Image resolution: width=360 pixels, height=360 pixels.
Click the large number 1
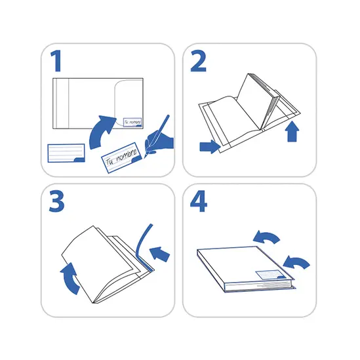click(x=56, y=61)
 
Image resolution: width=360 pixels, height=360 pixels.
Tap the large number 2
click(x=199, y=61)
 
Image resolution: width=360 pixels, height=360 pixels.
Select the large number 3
click(x=56, y=201)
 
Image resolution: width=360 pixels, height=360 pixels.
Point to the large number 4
click(x=199, y=201)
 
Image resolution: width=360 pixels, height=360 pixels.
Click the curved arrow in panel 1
click(x=101, y=132)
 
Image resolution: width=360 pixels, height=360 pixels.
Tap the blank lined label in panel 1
click(x=66, y=153)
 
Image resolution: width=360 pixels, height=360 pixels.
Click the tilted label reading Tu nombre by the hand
click(x=121, y=157)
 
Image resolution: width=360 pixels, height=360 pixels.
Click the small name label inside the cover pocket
click(x=132, y=123)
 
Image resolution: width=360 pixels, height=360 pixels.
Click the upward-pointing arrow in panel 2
click(x=292, y=131)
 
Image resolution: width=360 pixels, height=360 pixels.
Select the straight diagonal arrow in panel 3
click(x=159, y=254)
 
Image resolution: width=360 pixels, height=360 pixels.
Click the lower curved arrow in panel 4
click(x=296, y=263)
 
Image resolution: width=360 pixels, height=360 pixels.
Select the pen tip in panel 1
click(x=146, y=156)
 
